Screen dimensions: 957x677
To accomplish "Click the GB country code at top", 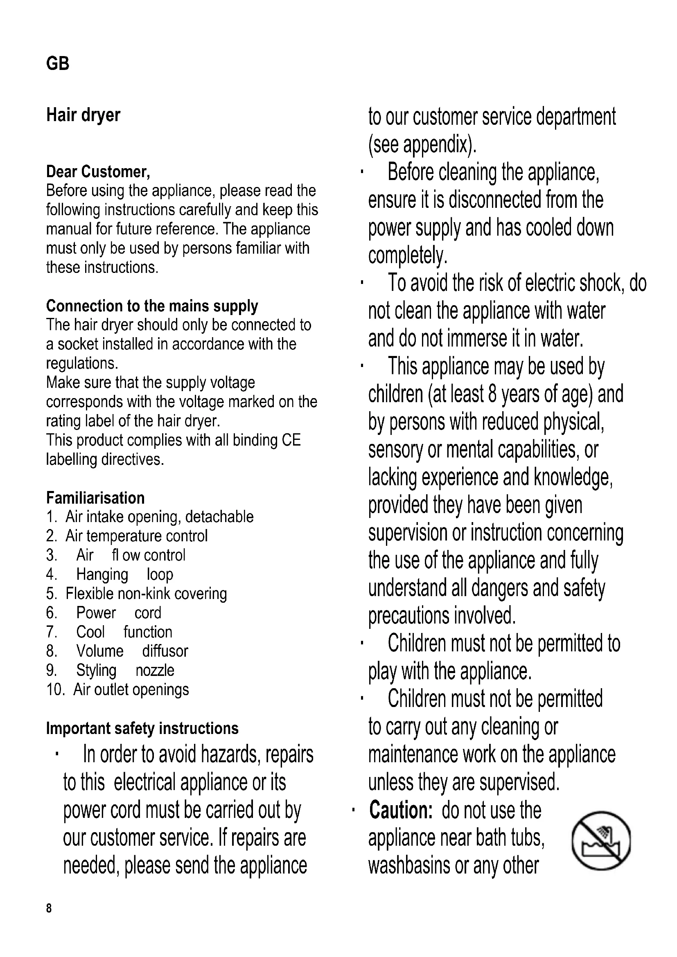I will (58, 64).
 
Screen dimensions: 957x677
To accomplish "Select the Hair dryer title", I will (83, 115).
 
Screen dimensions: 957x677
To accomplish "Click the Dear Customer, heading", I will (98, 172).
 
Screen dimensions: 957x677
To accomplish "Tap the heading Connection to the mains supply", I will (152, 306).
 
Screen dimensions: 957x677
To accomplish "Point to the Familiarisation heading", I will (95, 498).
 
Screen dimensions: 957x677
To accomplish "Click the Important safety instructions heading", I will (142, 728).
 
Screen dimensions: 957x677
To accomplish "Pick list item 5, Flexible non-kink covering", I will (136, 594).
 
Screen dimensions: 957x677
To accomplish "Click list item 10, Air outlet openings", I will (117, 689).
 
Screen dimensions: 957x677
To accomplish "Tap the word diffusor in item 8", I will (165, 651).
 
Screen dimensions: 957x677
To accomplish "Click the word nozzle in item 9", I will (155, 670).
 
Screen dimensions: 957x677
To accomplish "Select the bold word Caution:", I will (401, 810).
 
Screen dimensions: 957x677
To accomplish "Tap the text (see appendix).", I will (422, 144).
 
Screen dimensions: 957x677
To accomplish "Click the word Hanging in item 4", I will (102, 574).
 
